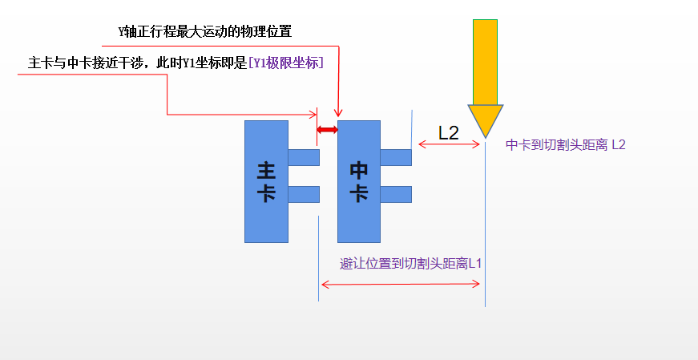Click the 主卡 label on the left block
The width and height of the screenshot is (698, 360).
[x=266, y=182]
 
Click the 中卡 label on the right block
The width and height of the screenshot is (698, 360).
[x=359, y=182]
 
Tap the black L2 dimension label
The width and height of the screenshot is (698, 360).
[x=448, y=133]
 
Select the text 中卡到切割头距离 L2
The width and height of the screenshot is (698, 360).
[x=565, y=145]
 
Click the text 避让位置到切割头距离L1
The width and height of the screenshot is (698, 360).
[x=411, y=264]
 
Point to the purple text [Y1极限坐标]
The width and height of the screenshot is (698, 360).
[x=286, y=63]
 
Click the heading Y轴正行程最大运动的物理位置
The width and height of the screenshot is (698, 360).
[x=205, y=32]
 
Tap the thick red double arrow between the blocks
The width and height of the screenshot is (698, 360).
[x=327, y=130]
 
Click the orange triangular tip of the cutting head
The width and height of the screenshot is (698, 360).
[x=485, y=118]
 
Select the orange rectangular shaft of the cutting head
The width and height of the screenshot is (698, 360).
[x=485, y=63]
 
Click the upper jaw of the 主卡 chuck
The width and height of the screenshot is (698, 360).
[x=304, y=157]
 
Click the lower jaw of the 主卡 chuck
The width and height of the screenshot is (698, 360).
[x=304, y=194]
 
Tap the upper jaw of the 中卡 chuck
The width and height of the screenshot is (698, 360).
[x=396, y=157]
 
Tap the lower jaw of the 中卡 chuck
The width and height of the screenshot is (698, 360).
[x=396, y=194]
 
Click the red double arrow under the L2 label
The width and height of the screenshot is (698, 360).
[x=449, y=144]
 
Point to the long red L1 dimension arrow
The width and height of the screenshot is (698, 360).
[x=401, y=284]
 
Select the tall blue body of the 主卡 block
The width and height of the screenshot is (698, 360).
[x=266, y=181]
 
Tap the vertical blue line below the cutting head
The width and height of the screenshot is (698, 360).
[x=485, y=224]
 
